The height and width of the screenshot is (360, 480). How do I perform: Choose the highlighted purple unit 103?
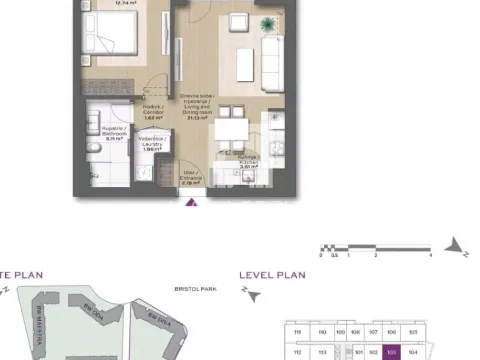tap(391, 352)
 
